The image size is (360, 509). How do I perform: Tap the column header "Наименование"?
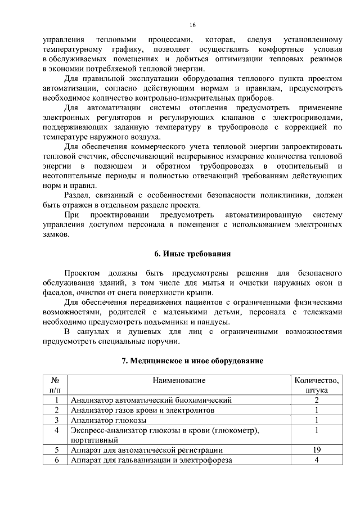(178, 381)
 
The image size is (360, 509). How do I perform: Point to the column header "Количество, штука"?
(317, 385)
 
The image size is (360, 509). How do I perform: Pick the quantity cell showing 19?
(317, 450)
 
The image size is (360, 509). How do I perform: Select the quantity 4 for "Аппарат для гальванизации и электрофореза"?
(317, 460)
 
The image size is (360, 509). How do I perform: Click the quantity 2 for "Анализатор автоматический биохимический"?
(317, 400)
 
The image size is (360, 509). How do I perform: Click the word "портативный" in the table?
(94, 440)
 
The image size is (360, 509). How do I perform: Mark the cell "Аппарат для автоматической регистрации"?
(146, 450)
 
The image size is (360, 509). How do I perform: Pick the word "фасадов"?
(57, 292)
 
